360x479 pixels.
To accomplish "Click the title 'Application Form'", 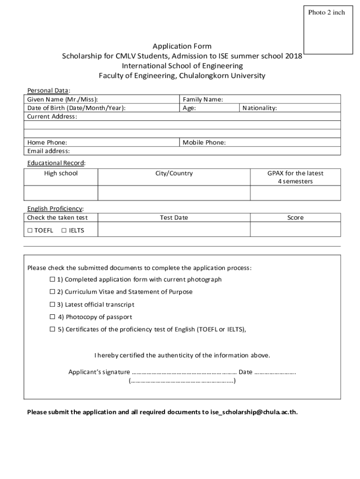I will (182, 46).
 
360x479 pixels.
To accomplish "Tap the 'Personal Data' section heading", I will (48, 90).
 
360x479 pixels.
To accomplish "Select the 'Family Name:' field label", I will (202, 99).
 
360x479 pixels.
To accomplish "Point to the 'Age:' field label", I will (189, 108).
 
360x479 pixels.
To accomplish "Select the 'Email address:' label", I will (48, 151).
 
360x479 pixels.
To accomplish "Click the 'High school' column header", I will (61, 173).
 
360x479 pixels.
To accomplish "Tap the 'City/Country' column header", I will (174, 173).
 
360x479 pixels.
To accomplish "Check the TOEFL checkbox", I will (30, 230).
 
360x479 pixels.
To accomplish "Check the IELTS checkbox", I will (64, 230).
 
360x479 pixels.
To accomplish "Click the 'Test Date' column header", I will (174, 218).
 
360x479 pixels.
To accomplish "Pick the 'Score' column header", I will (295, 218).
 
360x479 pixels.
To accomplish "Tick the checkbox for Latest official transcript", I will (52, 305).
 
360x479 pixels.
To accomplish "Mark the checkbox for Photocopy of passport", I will (52, 317).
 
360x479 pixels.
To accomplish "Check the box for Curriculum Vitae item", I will (52, 292).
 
